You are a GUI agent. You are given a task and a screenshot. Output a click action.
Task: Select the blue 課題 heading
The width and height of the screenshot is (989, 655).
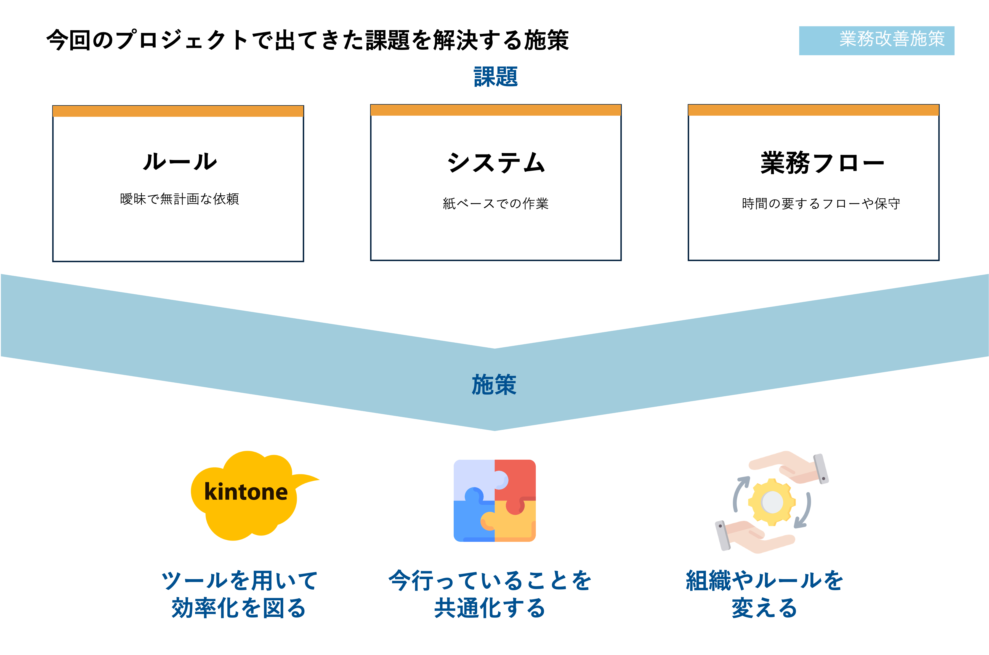pyautogui.click(x=496, y=77)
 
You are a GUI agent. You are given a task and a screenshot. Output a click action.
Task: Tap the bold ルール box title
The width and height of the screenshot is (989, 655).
pyautogui.click(x=180, y=162)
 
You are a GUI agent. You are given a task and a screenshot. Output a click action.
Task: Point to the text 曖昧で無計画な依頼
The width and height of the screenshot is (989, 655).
pyautogui.click(x=180, y=199)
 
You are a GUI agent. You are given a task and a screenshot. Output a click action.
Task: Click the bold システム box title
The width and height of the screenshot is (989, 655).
pyautogui.click(x=496, y=163)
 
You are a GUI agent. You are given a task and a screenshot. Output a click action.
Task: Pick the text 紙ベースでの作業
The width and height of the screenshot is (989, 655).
pyautogui.click(x=496, y=203)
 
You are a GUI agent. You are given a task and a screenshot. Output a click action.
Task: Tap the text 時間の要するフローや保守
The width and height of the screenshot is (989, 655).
pyautogui.click(x=821, y=203)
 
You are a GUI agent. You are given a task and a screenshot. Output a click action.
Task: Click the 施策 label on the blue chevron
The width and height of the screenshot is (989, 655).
pyautogui.click(x=494, y=385)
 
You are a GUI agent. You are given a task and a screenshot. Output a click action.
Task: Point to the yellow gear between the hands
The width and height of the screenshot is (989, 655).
pyautogui.click(x=772, y=502)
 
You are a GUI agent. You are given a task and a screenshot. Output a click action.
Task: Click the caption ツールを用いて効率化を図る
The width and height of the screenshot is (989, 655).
pyautogui.click(x=240, y=594)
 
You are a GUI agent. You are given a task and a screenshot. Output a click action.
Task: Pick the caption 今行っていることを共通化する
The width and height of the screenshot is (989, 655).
pyautogui.click(x=490, y=594)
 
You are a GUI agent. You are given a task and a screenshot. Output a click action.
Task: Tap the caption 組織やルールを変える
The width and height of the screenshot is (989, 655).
pyautogui.click(x=765, y=594)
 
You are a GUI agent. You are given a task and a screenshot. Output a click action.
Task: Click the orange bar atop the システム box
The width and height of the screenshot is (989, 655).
pyautogui.click(x=496, y=110)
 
